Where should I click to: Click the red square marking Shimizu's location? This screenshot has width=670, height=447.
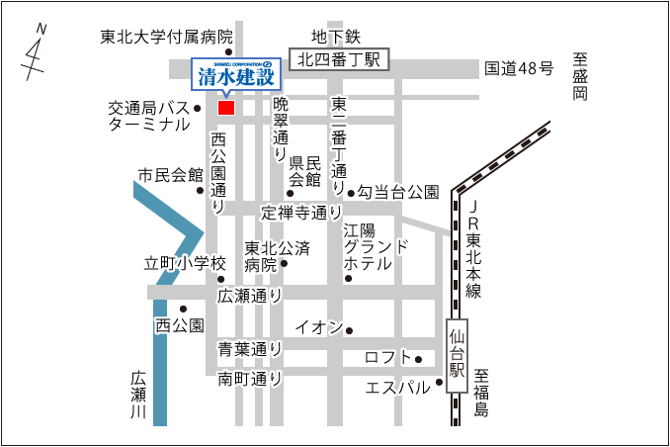pos(226,107)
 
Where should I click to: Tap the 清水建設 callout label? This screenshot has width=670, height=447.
pos(236,75)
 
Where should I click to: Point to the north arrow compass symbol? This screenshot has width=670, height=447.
pos(37,53)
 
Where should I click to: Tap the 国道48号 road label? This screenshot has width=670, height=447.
pos(519,68)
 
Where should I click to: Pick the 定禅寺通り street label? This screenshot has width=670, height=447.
pos(302,212)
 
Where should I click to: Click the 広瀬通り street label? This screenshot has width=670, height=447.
pos(250,295)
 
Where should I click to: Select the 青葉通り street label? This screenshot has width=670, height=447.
pos(250,349)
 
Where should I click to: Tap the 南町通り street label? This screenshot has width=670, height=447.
pos(250,378)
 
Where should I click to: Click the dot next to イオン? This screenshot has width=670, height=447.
pos(348,330)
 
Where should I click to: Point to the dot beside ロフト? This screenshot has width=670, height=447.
pos(418,359)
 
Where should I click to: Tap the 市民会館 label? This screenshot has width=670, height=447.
pos(170,176)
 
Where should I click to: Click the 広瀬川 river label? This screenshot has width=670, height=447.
pos(138,396)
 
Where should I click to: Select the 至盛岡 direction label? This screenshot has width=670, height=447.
pos(580,77)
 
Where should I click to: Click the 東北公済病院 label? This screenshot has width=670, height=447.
pos(261,257)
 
